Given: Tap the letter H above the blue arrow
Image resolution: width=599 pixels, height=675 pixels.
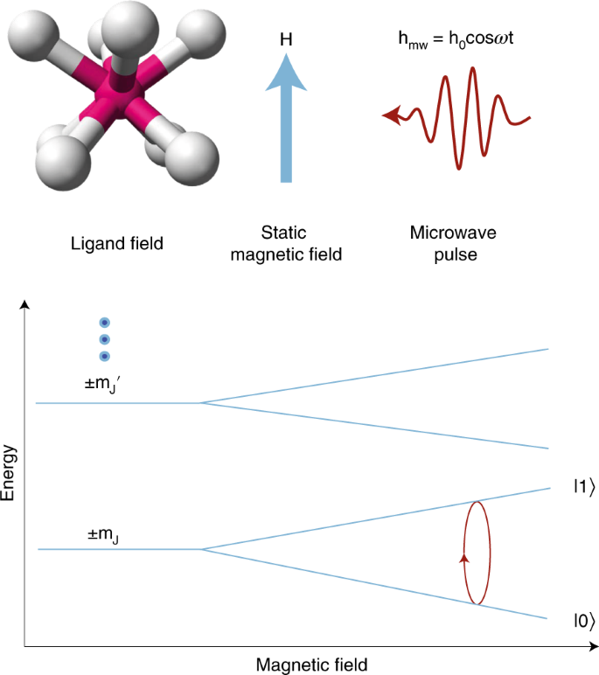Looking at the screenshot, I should [286, 39].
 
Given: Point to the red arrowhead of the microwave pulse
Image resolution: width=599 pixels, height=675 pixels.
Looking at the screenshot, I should [391, 114].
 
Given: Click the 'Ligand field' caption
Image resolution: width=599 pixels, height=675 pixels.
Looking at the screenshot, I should [116, 242].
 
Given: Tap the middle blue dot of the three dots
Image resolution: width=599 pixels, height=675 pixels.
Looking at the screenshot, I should [104, 339].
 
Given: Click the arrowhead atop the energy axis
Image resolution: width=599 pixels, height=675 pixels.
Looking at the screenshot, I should [25, 304].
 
